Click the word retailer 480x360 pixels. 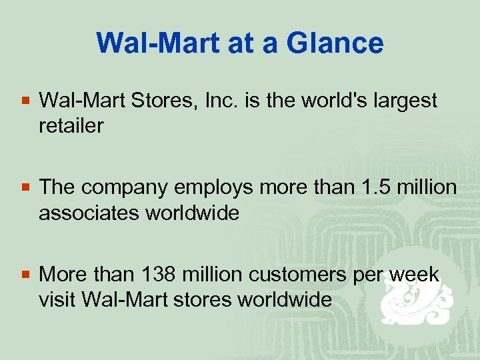[x=71, y=125]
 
